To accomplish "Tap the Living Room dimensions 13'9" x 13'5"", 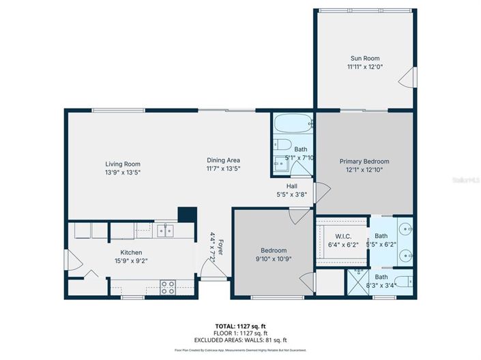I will (123, 172).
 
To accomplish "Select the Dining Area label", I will (223, 160).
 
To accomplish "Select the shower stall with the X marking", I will (358, 281).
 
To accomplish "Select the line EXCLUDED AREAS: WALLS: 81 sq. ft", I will (241, 340).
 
